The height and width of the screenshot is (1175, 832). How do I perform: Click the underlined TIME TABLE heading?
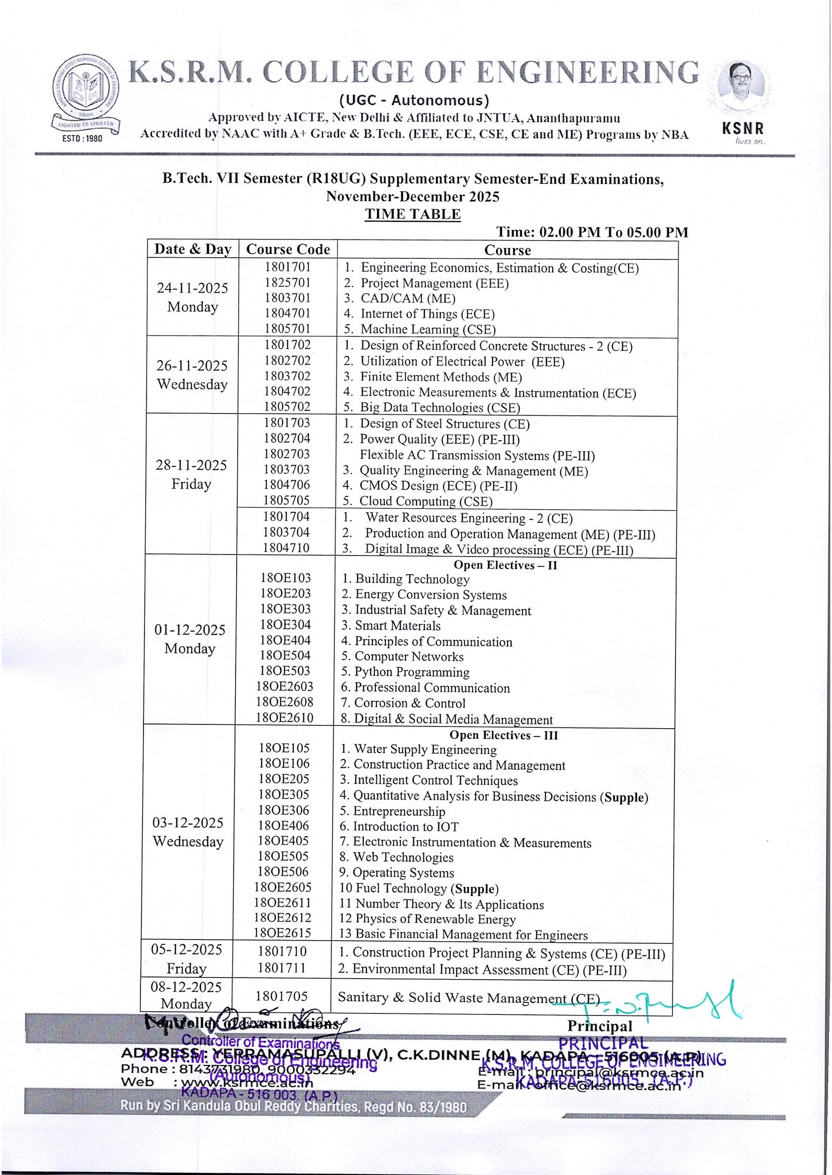[x=412, y=214]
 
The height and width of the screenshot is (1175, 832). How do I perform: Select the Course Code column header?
[x=288, y=249]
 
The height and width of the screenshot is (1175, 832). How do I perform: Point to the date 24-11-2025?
[x=192, y=288]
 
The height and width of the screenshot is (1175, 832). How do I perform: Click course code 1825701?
[x=287, y=283]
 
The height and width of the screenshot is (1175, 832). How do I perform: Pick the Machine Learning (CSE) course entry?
[x=427, y=329]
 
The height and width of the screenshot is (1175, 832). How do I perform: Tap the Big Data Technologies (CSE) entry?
[x=439, y=407]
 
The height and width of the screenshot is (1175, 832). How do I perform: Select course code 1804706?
[x=287, y=485]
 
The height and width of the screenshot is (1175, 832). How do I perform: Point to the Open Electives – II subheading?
[x=505, y=565]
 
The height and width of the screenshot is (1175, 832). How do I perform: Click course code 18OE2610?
[x=284, y=718]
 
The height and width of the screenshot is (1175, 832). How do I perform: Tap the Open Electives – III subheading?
[x=503, y=735]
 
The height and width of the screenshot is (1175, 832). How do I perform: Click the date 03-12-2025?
[x=188, y=823]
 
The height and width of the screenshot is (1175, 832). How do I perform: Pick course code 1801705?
[x=281, y=996]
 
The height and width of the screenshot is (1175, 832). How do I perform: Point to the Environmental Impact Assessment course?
[x=489, y=969]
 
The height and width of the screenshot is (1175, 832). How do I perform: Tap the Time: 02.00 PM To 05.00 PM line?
[x=592, y=232]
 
